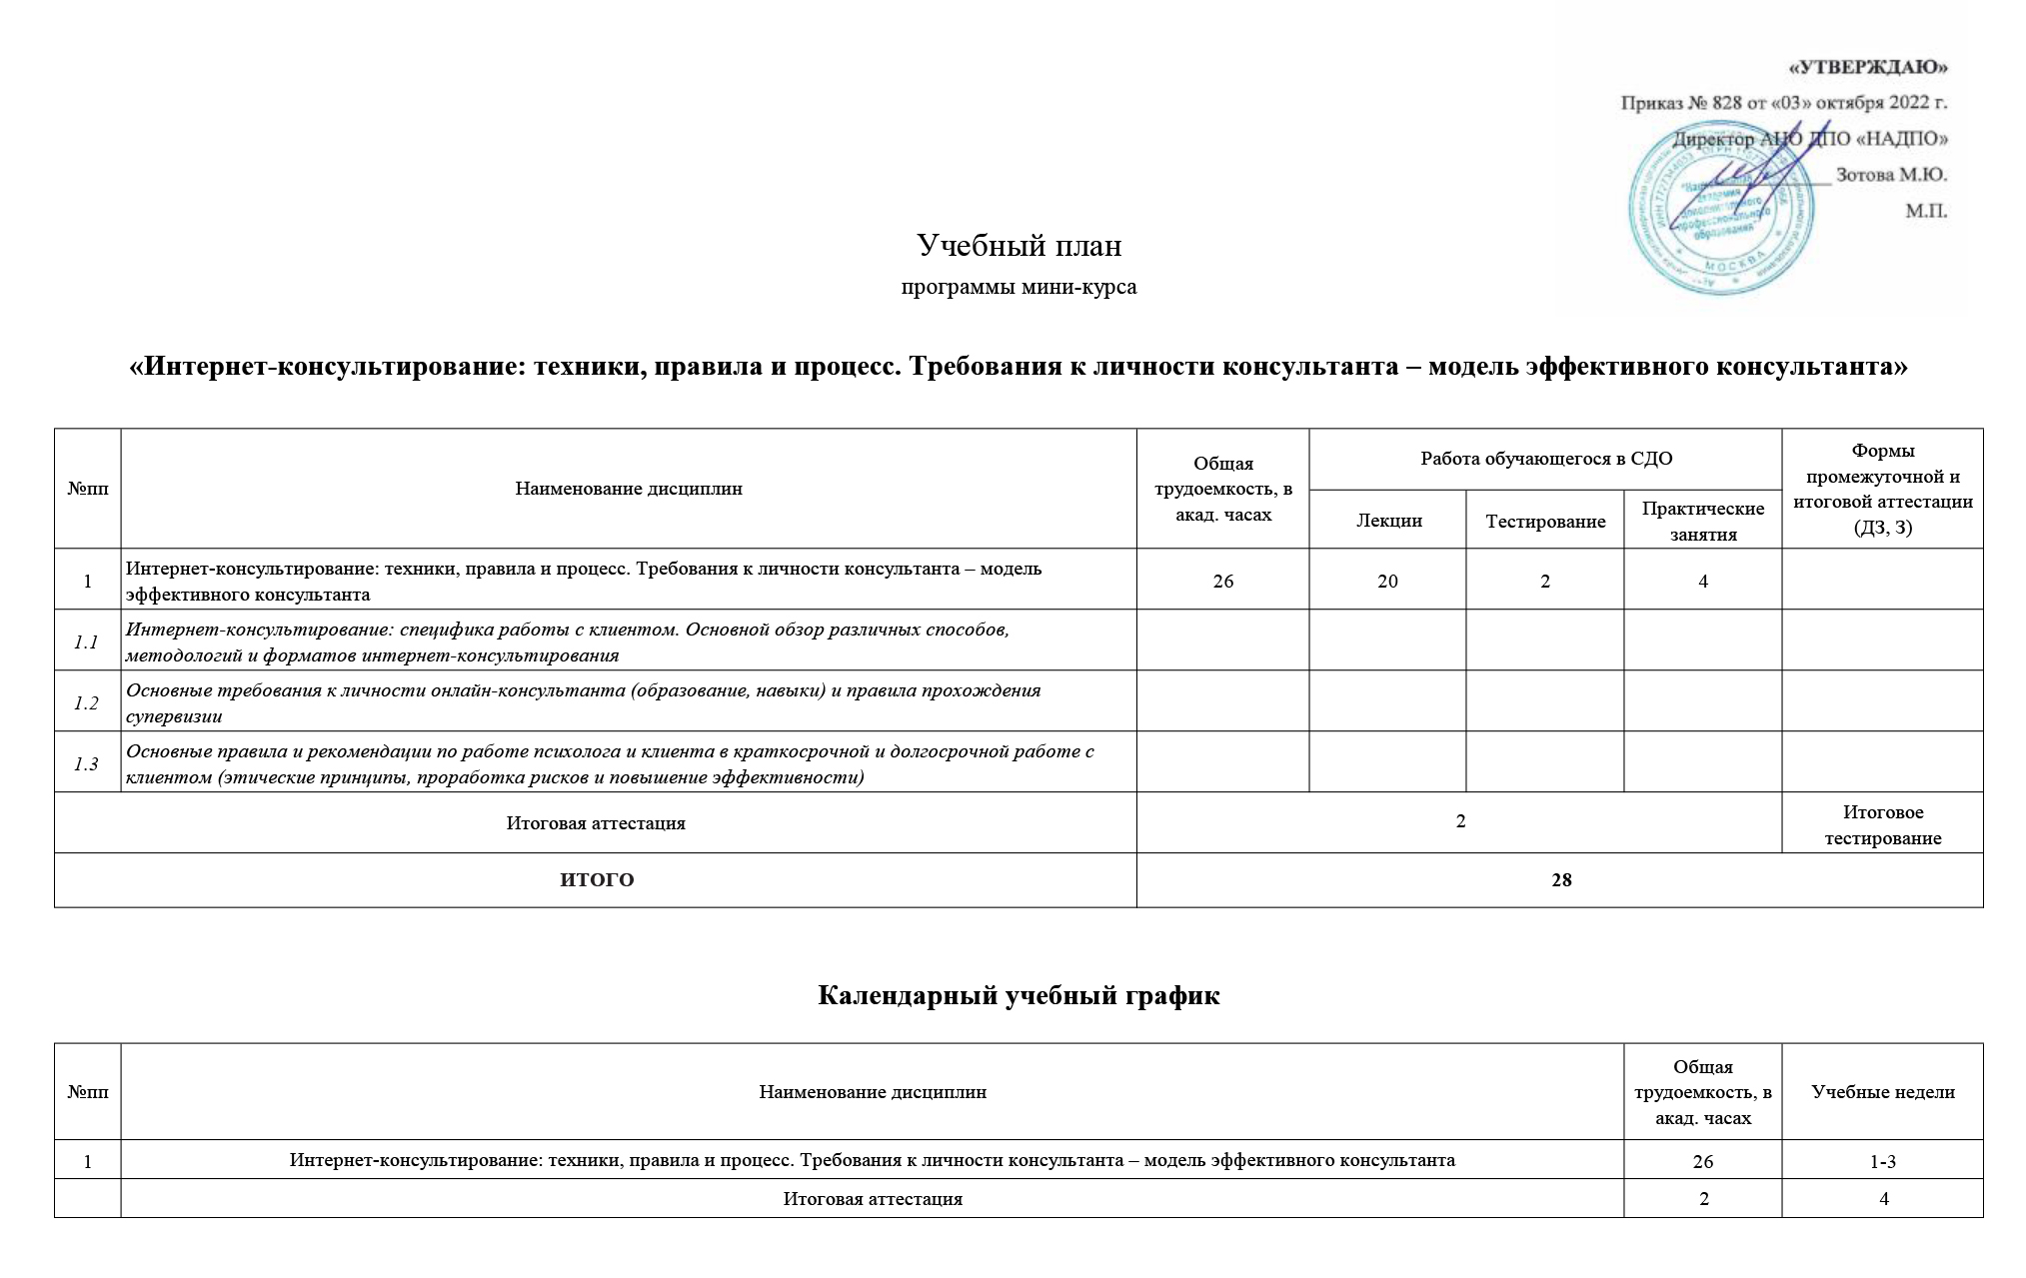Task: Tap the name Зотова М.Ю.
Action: (1891, 175)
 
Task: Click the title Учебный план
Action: (1018, 245)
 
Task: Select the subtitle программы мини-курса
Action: (1018, 288)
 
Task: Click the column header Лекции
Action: (1388, 521)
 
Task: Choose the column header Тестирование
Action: (1545, 521)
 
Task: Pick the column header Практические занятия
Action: (1703, 521)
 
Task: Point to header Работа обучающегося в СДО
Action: (1545, 459)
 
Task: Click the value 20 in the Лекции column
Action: (1387, 581)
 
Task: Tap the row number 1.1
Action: (87, 641)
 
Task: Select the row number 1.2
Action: (87, 702)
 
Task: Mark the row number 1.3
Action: (87, 763)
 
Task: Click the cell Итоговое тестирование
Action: (1882, 824)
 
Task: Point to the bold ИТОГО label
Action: (596, 880)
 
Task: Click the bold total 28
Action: (1560, 880)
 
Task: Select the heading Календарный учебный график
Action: (1018, 996)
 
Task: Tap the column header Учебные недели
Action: (1882, 1092)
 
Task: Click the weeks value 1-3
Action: (1883, 1161)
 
